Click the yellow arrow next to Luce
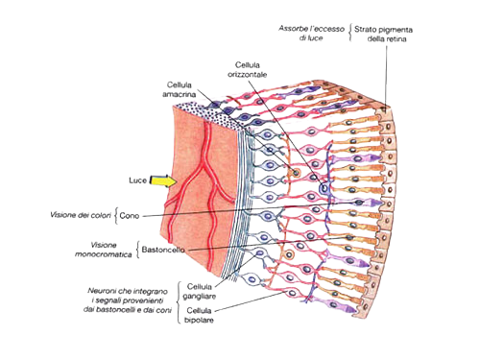click(x=163, y=181)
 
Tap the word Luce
click(x=137, y=180)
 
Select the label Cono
click(x=130, y=216)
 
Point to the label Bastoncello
click(x=163, y=250)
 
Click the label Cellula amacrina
click(x=180, y=89)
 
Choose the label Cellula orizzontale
click(x=247, y=70)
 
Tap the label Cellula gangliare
click(x=200, y=291)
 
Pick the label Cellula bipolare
click(x=199, y=315)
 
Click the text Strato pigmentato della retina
click(x=383, y=35)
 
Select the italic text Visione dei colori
click(x=81, y=215)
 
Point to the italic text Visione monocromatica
click(x=104, y=250)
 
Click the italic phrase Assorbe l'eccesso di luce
click(x=311, y=33)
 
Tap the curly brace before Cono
click(x=116, y=216)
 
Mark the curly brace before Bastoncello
click(x=138, y=250)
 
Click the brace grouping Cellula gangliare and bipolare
click(x=179, y=302)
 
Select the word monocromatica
click(x=104, y=254)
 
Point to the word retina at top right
click(x=396, y=39)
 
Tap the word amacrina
click(x=180, y=94)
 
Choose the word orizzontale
click(x=247, y=75)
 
